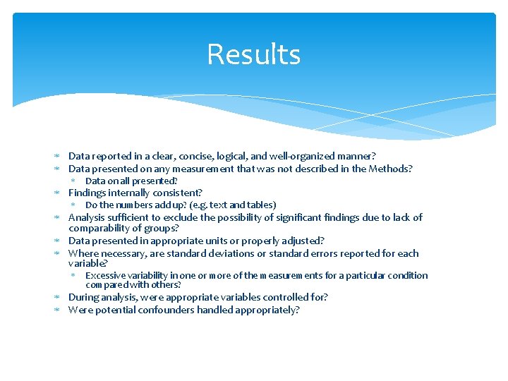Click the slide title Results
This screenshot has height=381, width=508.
pos(253,54)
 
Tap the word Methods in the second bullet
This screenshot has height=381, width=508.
pos(389,169)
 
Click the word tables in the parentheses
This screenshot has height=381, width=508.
pos(259,205)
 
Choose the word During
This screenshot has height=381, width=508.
pos(83,298)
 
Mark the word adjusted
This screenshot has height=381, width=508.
pos(296,241)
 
